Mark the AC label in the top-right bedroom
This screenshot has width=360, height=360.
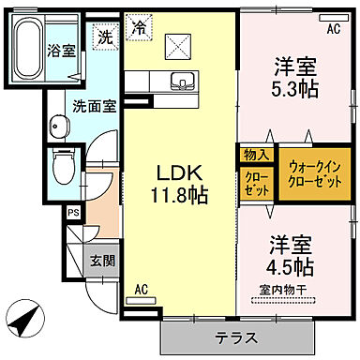click(332, 29)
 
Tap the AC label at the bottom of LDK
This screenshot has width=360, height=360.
click(141, 289)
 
